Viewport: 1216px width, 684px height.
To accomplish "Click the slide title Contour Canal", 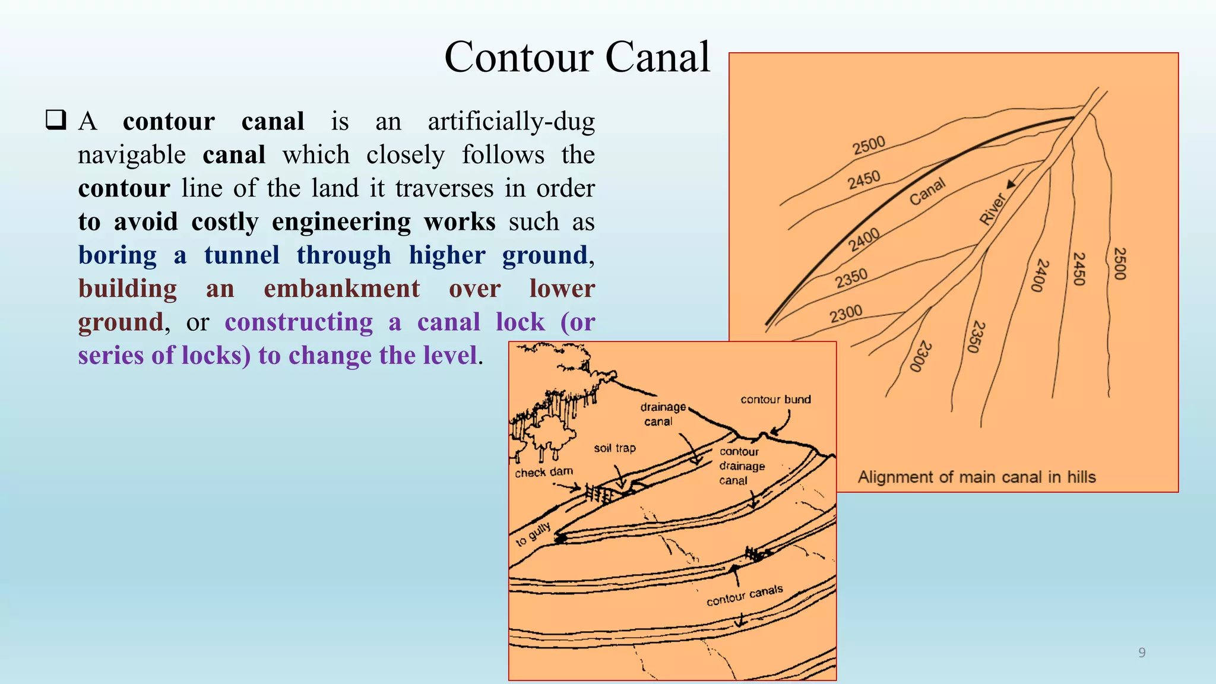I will click(577, 58).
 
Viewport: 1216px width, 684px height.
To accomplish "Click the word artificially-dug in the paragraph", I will click(511, 122).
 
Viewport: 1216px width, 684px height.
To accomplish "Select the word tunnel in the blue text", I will click(242, 255).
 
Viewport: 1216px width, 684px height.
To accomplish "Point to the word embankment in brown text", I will click(341, 289).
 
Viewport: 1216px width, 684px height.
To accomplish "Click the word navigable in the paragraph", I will click(132, 156).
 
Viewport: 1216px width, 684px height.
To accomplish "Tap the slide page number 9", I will click(1141, 653).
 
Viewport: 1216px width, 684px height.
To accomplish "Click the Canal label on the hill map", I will click(927, 192).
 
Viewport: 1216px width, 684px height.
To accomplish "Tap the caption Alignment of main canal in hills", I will click(976, 477).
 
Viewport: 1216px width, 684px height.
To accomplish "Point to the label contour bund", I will click(775, 400).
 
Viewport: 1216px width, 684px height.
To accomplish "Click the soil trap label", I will click(615, 448).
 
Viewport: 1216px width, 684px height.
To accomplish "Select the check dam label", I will click(544, 472).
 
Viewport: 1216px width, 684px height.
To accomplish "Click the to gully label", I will click(533, 534).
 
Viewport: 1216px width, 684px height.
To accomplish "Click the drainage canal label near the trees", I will click(661, 414).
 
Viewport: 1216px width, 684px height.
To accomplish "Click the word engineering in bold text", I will click(341, 222).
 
